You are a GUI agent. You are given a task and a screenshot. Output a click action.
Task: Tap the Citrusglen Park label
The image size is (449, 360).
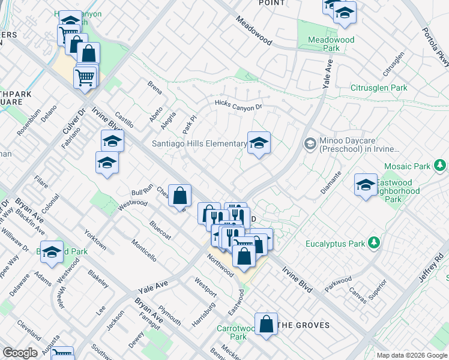[379, 88]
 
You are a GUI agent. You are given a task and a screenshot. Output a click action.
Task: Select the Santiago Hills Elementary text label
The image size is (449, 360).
[199, 143]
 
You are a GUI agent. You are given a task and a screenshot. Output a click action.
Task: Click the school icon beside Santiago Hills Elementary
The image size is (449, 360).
[259, 143]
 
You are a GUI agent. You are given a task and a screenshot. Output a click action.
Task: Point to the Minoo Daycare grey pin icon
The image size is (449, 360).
[310, 143]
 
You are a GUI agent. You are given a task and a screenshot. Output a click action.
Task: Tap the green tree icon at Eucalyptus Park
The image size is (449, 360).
[375, 242]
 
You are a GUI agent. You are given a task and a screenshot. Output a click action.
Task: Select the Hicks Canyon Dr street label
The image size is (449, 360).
[239, 106]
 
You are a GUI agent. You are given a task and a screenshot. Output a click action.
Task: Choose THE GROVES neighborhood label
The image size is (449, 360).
[304, 325]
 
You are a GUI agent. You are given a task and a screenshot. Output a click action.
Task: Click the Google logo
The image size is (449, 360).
[20, 353]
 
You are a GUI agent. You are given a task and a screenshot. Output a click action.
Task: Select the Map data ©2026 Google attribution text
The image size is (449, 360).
[412, 355]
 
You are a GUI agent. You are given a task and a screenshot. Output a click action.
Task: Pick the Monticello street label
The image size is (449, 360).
[145, 248]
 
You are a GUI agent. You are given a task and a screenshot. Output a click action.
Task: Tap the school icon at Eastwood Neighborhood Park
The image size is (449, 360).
[365, 185]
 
